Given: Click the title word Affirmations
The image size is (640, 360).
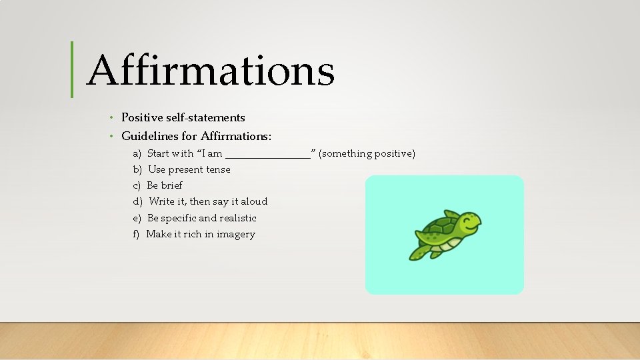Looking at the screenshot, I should click(210, 71).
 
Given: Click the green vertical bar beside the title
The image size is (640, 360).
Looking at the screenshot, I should click(72, 69).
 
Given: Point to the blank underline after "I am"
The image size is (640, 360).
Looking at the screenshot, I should click(268, 155).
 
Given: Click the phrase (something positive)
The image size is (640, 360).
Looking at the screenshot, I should click(367, 154).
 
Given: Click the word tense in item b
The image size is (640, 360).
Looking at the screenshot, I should click(218, 169).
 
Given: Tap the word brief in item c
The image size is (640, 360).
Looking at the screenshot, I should click(171, 185).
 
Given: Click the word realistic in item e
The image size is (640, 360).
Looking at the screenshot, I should click(238, 218).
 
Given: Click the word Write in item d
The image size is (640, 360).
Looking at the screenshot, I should click(162, 201).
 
